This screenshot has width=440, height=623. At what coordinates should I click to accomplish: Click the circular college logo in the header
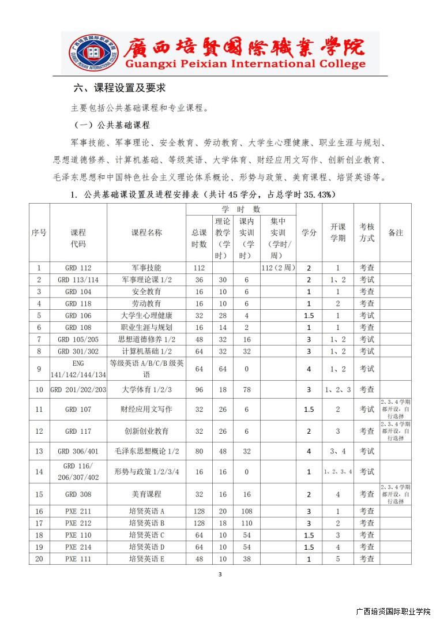click(92, 52)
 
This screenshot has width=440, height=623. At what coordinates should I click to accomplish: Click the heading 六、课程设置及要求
click(120, 88)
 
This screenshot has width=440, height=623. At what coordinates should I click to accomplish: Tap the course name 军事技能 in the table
click(146, 268)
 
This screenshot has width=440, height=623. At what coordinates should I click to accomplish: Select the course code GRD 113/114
click(78, 280)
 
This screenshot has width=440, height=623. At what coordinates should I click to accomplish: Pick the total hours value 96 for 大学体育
click(199, 389)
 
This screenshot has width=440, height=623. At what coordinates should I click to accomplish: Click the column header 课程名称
click(146, 232)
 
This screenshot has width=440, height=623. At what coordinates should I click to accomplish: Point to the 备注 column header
click(396, 232)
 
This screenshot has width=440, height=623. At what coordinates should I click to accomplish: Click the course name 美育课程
click(146, 494)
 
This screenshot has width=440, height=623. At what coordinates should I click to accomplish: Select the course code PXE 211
click(78, 511)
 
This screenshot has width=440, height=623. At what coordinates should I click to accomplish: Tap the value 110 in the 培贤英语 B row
click(247, 523)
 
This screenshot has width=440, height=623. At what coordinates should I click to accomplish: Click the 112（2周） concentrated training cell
click(278, 268)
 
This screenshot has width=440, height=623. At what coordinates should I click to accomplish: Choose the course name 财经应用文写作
click(146, 410)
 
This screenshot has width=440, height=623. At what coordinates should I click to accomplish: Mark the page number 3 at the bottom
click(220, 574)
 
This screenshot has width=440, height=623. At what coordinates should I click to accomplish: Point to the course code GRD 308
click(78, 494)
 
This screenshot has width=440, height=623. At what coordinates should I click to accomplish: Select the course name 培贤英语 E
click(146, 558)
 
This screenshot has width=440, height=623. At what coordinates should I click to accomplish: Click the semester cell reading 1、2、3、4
click(338, 472)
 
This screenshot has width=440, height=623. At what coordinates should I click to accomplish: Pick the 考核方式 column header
click(367, 232)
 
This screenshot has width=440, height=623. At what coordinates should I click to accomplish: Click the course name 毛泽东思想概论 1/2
click(146, 451)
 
